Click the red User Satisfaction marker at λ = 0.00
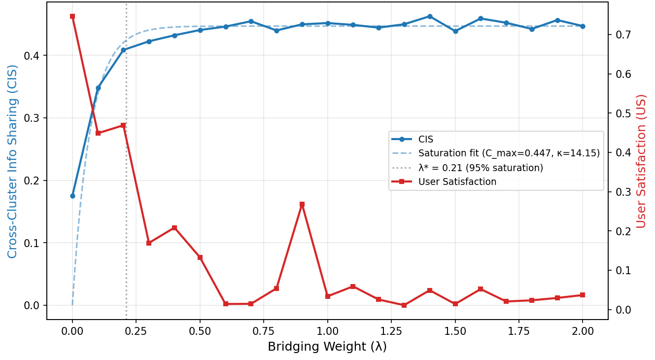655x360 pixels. (72, 16)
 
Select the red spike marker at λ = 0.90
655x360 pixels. (302, 204)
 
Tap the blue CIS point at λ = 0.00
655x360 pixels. (72, 196)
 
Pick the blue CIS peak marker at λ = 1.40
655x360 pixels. (430, 17)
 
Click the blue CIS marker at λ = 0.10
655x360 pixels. (98, 88)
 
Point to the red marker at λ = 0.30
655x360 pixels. (149, 243)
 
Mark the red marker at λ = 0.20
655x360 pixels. (123, 126)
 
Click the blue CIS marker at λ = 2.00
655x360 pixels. (583, 26)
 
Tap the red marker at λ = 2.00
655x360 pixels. (583, 295)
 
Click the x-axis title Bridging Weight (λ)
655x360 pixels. (327, 347)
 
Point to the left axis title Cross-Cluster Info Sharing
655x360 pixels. (12, 162)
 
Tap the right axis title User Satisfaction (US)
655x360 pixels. (641, 162)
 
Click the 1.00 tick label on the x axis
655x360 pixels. (327, 331)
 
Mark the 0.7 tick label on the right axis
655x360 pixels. (623, 35)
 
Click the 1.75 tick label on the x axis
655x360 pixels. (519, 331)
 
